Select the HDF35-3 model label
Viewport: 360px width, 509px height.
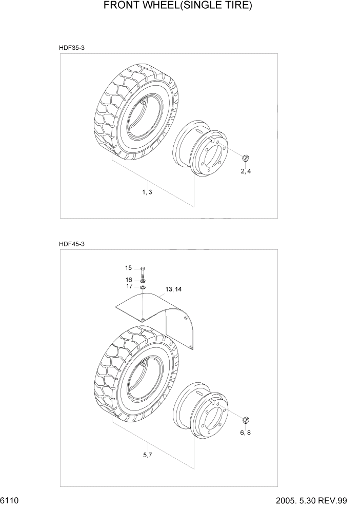[x=71, y=48]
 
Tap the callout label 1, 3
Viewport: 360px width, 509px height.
[x=147, y=192]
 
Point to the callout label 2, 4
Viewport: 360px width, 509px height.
[x=246, y=171]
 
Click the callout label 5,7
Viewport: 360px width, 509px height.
[x=147, y=455]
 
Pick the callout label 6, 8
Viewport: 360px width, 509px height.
[x=246, y=433]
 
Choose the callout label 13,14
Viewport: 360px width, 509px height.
[x=173, y=289]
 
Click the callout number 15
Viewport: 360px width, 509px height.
[x=129, y=268]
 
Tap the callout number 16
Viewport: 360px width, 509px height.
[x=129, y=280]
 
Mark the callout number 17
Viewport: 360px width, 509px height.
[x=129, y=286]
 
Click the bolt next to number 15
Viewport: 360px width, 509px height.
[x=143, y=271]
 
